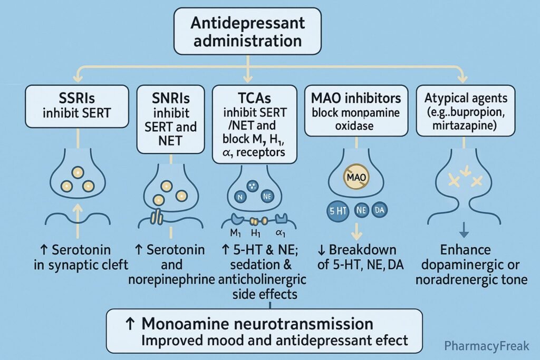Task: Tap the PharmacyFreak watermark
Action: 486,346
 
